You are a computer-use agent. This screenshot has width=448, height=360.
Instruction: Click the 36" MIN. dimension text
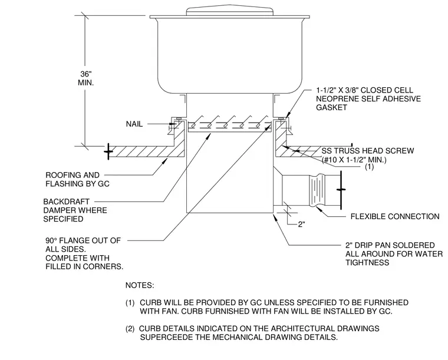point(85,78)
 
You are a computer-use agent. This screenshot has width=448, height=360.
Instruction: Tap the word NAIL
point(134,124)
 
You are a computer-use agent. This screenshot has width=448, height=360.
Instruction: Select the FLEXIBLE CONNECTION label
point(395,216)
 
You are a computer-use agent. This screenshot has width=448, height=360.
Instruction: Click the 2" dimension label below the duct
point(301,224)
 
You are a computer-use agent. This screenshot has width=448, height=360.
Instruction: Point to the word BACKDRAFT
point(66,202)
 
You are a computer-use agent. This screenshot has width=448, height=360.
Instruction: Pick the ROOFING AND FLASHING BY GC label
point(77,179)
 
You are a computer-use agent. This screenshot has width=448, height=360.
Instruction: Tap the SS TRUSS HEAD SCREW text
point(368,151)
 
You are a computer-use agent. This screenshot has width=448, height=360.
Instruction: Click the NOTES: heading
point(140,285)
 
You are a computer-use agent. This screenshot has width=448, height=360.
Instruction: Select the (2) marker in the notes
point(130,329)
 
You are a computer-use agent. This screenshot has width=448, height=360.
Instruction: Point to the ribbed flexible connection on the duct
point(317,190)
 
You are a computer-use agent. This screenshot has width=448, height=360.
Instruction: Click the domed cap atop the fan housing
point(230,10)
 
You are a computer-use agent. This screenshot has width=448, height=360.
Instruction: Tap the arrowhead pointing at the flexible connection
point(319,209)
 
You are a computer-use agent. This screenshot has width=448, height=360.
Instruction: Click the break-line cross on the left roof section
point(108,151)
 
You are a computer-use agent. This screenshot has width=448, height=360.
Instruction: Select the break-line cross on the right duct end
point(341,189)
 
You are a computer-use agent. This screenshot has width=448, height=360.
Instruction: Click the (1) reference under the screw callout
point(370,167)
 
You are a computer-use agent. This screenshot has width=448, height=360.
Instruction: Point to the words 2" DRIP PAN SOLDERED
point(390,245)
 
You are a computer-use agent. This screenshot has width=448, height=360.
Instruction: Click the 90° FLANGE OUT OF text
point(83,240)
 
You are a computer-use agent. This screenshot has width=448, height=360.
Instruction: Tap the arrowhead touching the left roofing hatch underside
point(165,161)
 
